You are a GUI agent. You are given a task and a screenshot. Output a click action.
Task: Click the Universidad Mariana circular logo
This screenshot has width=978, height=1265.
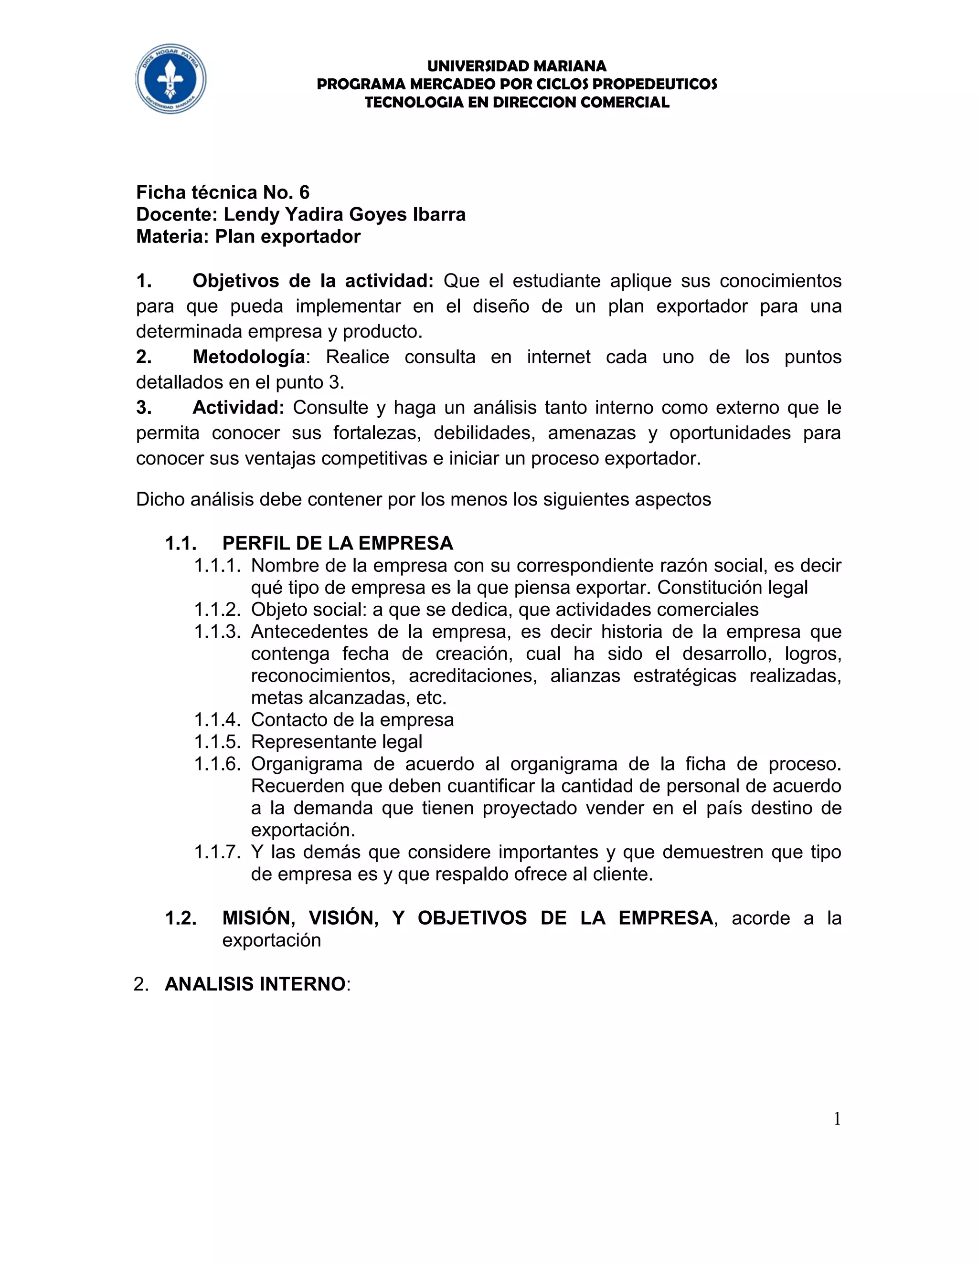click(x=171, y=79)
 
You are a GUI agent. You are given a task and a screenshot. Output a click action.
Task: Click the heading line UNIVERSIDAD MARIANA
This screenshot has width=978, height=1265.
click(x=517, y=66)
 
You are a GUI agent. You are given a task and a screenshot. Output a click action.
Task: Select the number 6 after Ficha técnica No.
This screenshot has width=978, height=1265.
click(x=304, y=192)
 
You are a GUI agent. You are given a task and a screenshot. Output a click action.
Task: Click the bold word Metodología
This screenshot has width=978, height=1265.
click(x=248, y=357)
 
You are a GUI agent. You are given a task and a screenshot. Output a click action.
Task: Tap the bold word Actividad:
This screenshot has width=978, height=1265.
click(x=238, y=408)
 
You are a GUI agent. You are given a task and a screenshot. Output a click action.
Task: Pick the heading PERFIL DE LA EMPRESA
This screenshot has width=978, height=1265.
click(x=337, y=543)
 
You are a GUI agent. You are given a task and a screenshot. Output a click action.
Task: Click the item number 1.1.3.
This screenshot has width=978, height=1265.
click(x=217, y=632)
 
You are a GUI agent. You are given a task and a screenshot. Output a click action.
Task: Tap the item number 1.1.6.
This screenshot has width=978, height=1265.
click(x=217, y=764)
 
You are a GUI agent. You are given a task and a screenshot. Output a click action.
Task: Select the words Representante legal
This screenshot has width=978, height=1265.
click(x=337, y=742)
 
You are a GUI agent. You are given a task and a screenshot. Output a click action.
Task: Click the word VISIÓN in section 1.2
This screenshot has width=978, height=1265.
click(x=343, y=918)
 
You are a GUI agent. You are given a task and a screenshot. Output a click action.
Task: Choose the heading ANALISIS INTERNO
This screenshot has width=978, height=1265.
click(x=255, y=984)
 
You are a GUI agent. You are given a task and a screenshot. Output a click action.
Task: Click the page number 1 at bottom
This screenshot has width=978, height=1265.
click(x=837, y=1119)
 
